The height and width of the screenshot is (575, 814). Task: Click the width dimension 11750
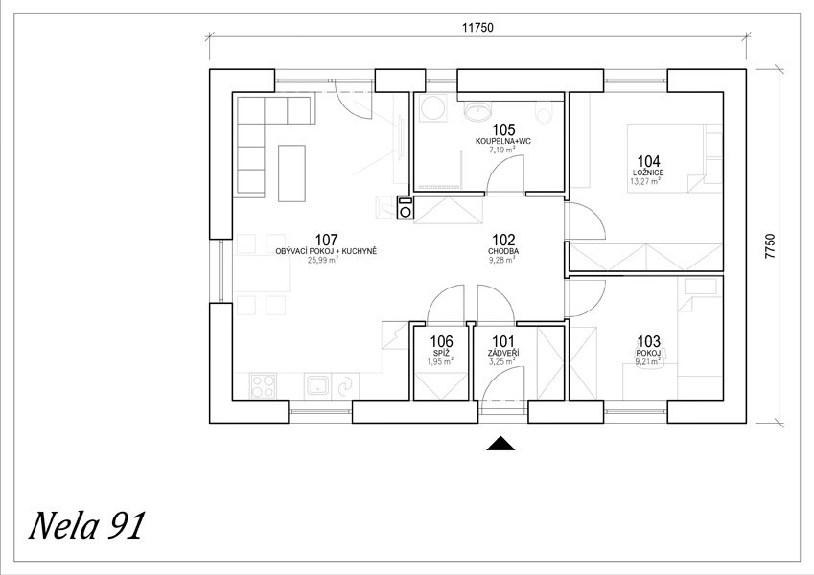pos(477,28)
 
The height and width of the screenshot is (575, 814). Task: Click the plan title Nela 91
pos(86,526)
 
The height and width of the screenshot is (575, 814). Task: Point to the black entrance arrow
pos(500,443)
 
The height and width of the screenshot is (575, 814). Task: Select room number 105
pos(503,129)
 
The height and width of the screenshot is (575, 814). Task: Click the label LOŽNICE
pos(648,172)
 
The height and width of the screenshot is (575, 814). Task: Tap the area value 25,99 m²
pos(322,260)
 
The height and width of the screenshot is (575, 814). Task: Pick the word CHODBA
pos(503,251)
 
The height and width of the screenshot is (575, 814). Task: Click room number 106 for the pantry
pos(441,341)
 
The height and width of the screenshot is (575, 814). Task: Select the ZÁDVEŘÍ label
pos(503,353)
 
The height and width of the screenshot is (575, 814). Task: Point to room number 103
pos(649,341)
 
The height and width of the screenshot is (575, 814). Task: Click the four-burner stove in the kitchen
pos(263,386)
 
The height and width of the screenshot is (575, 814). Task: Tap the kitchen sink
pos(317,386)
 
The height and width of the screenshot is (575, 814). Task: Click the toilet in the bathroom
pos(544,113)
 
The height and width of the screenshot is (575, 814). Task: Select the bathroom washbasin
pos(477,110)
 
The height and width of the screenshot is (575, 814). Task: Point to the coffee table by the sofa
pos(291,173)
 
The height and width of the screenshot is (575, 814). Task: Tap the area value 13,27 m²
pos(645,181)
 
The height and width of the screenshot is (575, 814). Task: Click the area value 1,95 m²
pos(439,361)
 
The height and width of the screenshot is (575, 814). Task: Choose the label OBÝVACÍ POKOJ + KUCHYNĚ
pos(326,251)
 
